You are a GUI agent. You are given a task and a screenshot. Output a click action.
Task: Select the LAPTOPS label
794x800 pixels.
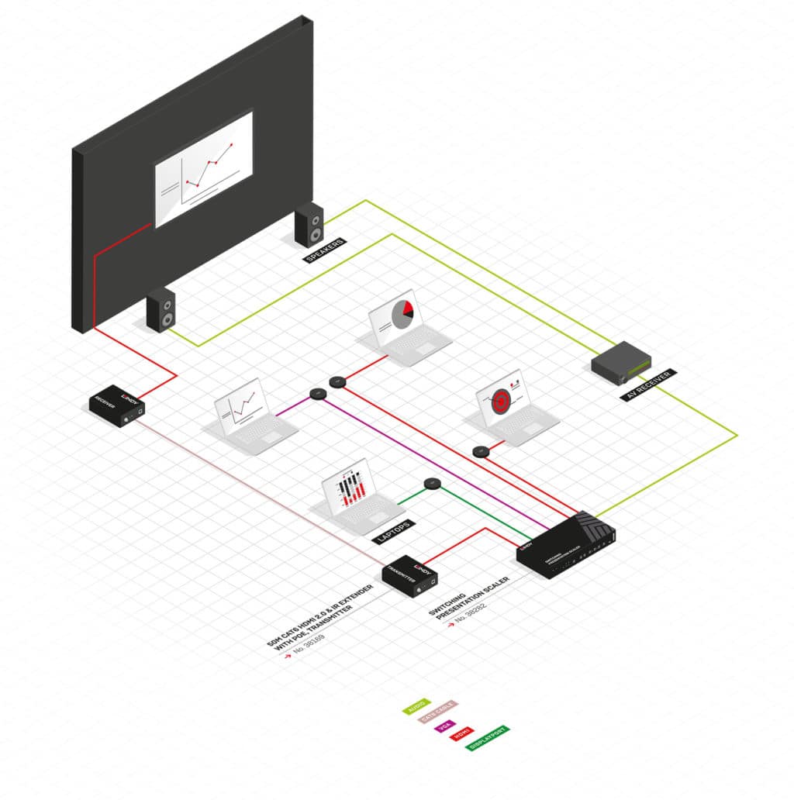(392, 529)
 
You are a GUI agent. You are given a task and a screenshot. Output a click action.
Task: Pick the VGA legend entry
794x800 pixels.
(445, 727)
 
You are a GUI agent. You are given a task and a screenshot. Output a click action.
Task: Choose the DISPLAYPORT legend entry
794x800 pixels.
(488, 737)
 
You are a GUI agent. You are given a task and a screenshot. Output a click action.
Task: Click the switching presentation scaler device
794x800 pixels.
(566, 546)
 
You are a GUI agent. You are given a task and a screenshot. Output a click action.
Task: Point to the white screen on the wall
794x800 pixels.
(203, 168)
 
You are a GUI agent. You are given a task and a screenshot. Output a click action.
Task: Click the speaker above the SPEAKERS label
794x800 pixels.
(309, 224)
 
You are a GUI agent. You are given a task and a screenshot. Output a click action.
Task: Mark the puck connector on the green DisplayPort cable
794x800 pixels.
(432, 484)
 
